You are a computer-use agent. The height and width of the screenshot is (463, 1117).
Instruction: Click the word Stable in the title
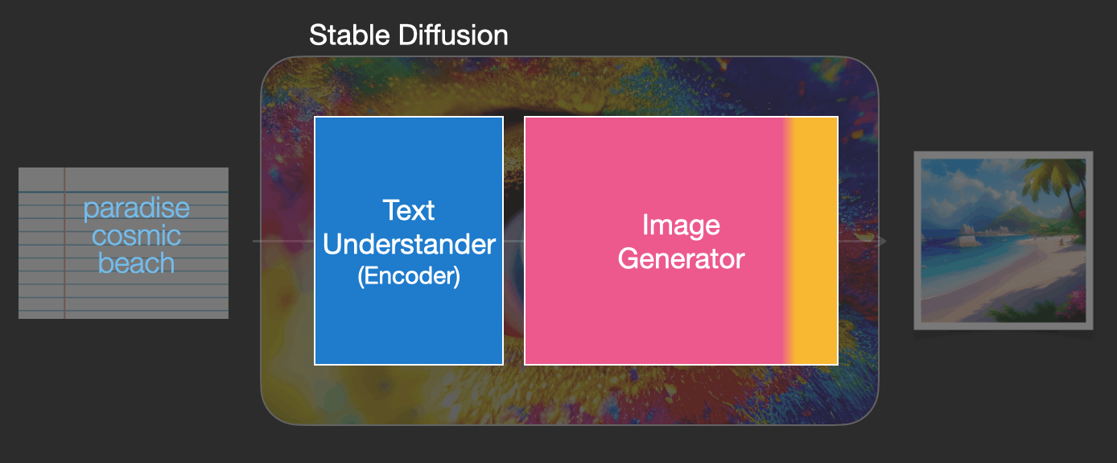349,35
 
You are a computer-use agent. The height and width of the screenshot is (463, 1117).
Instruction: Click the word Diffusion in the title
453,35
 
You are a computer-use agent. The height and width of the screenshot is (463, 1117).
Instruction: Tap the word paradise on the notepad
137,209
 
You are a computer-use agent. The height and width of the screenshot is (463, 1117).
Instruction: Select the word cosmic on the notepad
137,235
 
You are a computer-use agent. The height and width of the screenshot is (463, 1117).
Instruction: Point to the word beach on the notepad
137,263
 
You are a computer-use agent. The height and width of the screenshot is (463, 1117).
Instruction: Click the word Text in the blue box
408,210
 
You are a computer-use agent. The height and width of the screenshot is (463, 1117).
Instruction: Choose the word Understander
409,244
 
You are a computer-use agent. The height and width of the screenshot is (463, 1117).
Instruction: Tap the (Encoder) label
409,276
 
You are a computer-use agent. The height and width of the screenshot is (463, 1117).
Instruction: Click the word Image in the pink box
681,225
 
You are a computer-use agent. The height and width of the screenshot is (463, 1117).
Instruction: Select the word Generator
681,258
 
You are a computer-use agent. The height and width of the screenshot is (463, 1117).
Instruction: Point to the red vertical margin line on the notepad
64,243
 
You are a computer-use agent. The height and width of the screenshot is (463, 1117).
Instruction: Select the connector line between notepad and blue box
284,242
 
